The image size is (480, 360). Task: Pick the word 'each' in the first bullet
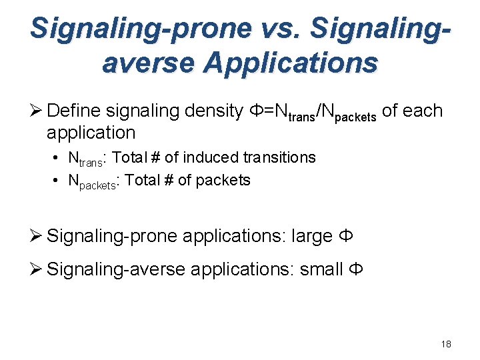[423, 111]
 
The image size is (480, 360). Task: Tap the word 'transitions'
[279, 157]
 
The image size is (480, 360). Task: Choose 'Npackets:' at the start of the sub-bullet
[94, 181]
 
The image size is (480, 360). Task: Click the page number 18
[446, 344]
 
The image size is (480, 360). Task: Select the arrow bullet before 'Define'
[37, 111]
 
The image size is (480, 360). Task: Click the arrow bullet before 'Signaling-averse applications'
[37, 269]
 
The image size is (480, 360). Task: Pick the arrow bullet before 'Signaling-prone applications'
[37, 236]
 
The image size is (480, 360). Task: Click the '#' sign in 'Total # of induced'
[155, 157]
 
